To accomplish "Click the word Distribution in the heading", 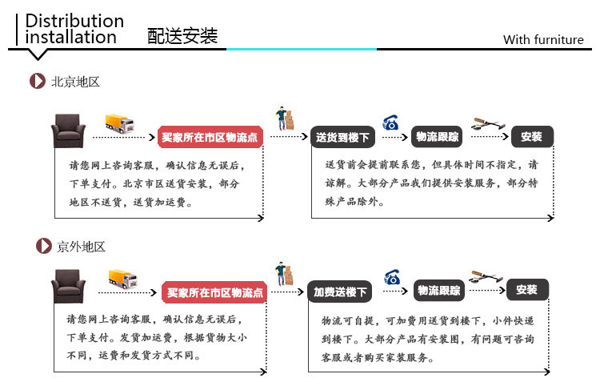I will click(75, 21).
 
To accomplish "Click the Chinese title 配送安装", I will click(182, 36).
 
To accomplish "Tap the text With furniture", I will click(543, 40).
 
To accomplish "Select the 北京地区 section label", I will click(76, 82).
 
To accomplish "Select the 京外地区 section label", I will click(81, 247).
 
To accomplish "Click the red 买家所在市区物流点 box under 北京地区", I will click(210, 138).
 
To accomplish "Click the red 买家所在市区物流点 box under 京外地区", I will click(214, 293).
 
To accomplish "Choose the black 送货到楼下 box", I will click(342, 138).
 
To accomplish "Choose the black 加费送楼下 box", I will click(340, 292).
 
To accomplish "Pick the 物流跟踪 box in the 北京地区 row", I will click(437, 137).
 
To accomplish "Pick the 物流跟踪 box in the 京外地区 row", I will click(438, 291).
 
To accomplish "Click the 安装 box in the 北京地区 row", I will click(531, 137).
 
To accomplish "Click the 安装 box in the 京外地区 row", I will click(526, 290).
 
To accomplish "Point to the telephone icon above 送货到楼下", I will click(391, 123).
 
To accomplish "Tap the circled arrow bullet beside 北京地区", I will click(37, 82).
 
